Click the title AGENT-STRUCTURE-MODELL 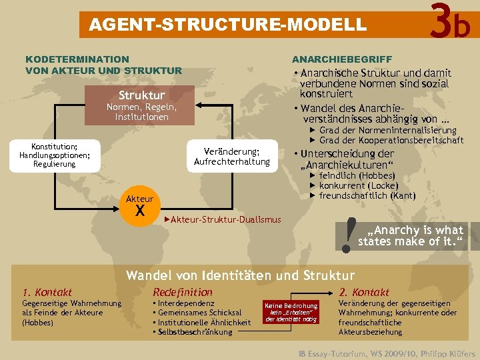[x=228, y=25]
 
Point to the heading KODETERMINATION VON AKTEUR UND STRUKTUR [x=103, y=65]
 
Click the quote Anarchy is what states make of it [x=409, y=235]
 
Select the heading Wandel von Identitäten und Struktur [x=241, y=275]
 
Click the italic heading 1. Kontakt [x=47, y=292]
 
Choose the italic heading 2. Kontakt [x=364, y=292]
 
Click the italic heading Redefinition [x=183, y=292]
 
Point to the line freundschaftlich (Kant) [x=367, y=195]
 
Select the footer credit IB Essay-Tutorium [x=387, y=353]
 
